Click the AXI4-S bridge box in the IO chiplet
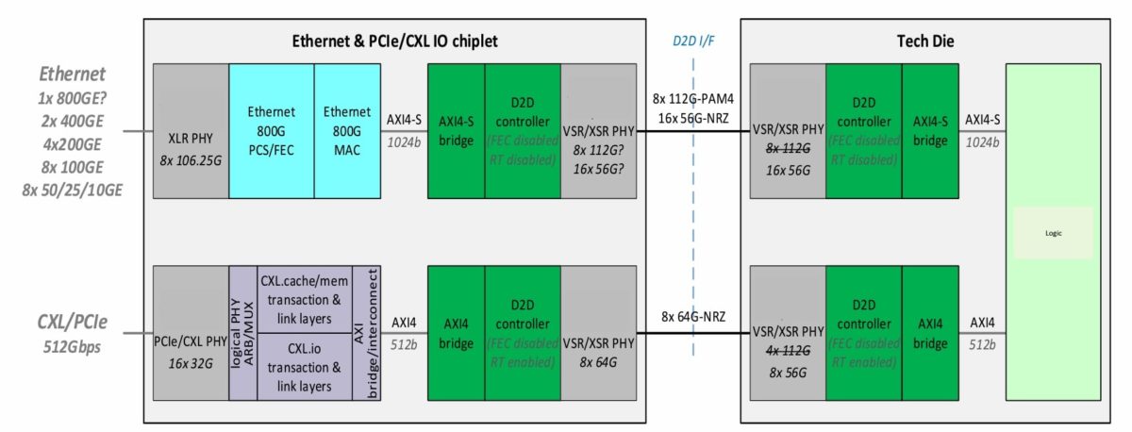point(457,131)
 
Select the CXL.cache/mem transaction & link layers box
point(305,299)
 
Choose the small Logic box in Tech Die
point(1053,233)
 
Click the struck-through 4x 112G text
point(787,350)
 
